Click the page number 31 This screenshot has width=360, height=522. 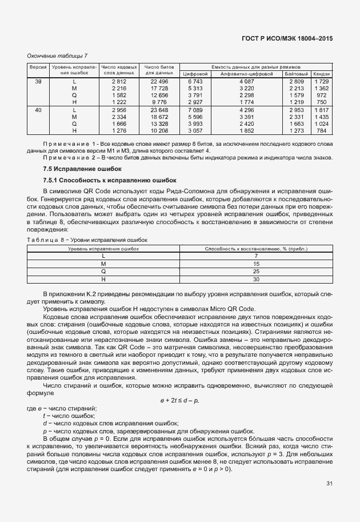[329, 483]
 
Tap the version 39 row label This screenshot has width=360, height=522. [38, 82]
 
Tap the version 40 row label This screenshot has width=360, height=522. [38, 109]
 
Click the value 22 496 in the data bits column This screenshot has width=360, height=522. [159, 82]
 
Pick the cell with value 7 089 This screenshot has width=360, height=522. [195, 109]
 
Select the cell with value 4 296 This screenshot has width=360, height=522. [246, 109]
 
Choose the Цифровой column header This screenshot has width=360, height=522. [195, 74]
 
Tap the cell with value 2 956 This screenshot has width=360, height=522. [119, 109]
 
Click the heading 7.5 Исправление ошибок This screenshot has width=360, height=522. [74, 169]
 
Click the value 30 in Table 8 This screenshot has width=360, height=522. [255, 280]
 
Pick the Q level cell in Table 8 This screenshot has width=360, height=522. [103, 272]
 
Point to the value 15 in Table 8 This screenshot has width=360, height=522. [255, 264]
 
